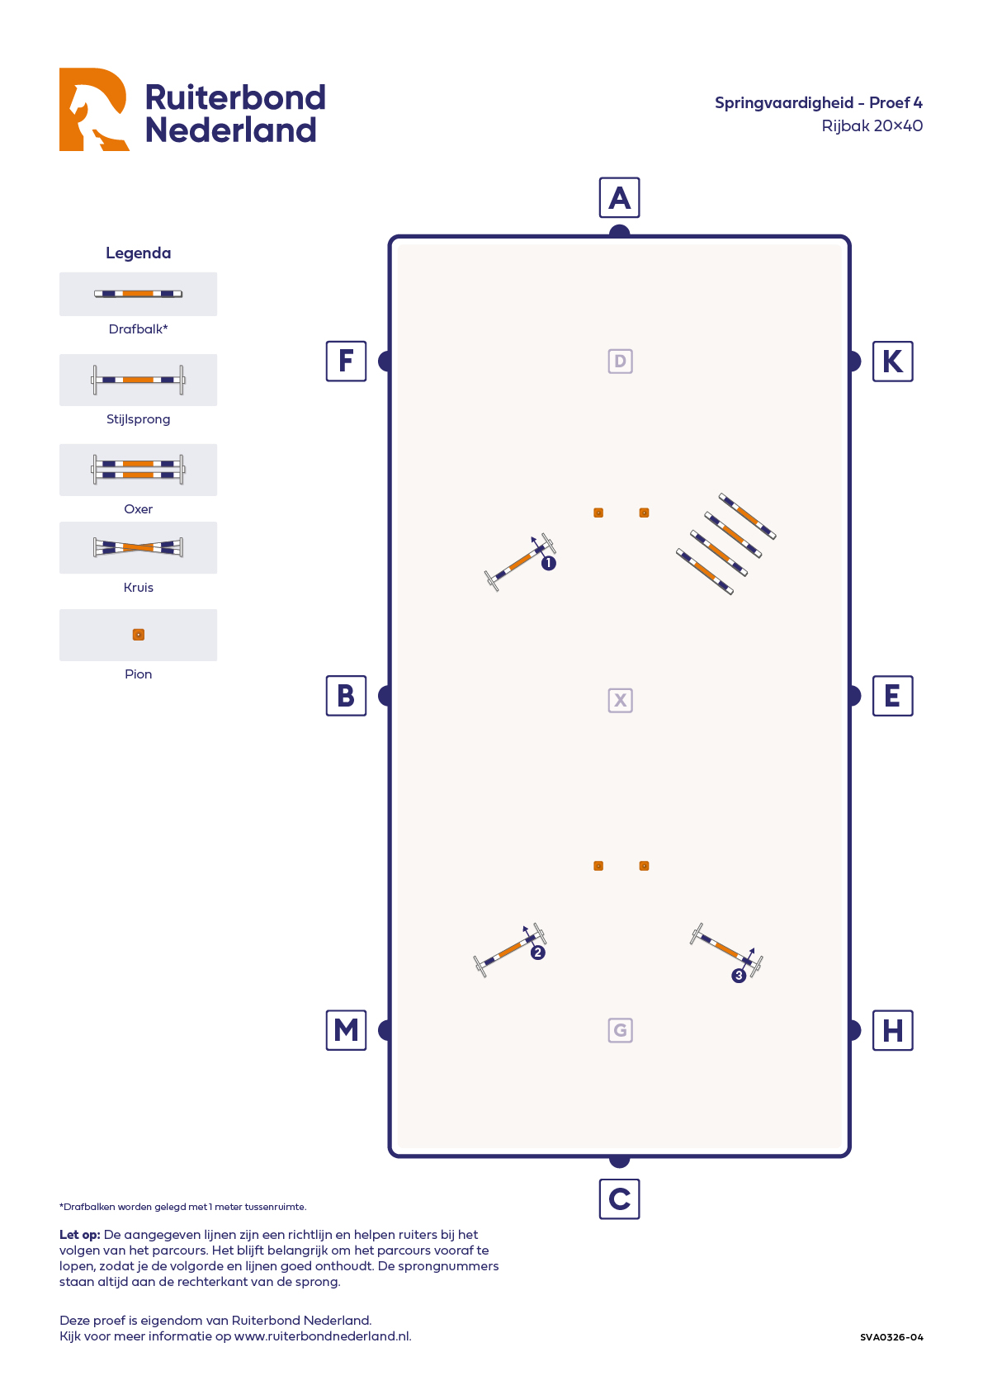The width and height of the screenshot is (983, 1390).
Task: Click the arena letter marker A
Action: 619,198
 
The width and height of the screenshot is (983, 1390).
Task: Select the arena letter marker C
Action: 619,1199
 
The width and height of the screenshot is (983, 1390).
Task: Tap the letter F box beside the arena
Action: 347,361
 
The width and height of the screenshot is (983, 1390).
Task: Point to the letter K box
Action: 892,361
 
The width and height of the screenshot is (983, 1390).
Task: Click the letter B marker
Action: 347,696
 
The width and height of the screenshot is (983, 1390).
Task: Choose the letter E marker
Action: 892,696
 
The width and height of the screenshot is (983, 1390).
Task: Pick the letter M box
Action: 347,1030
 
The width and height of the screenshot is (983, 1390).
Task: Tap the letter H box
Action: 892,1030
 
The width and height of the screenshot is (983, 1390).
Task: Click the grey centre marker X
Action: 620,701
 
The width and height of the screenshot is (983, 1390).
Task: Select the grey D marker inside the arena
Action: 620,362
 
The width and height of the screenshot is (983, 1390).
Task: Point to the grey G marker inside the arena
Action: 620,1030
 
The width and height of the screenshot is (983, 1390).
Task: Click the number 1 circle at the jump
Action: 549,564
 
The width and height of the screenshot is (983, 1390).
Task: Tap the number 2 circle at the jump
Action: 538,953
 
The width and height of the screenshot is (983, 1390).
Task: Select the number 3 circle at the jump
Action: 739,976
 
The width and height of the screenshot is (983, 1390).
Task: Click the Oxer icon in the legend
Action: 138,470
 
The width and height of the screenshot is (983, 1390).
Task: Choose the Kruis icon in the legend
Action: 138,547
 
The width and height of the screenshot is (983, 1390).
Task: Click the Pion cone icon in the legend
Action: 139,635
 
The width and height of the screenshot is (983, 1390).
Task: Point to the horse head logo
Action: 93,109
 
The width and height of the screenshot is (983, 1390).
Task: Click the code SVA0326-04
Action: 891,1337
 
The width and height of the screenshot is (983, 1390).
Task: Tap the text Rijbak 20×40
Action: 872,126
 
